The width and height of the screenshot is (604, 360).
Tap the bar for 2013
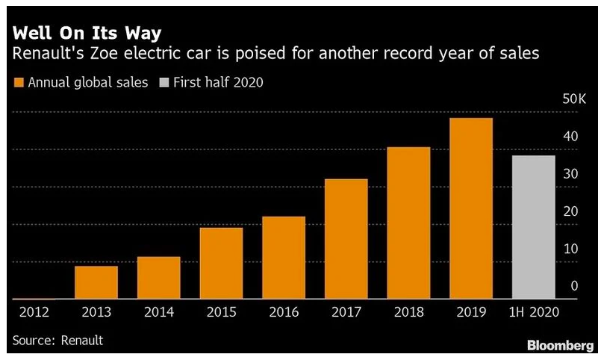click(x=96, y=282)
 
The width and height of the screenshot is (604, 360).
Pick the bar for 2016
click(x=284, y=257)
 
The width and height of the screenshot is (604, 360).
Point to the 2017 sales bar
click(x=346, y=238)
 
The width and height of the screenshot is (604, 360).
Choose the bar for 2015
click(x=221, y=262)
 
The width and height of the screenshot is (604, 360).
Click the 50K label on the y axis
click(x=567, y=99)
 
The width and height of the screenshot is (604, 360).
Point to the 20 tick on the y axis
click(x=571, y=211)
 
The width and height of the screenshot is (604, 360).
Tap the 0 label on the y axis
click(x=574, y=286)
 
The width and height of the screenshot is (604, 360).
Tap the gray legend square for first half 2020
click(x=164, y=82)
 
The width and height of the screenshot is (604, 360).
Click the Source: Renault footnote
click(x=57, y=341)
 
